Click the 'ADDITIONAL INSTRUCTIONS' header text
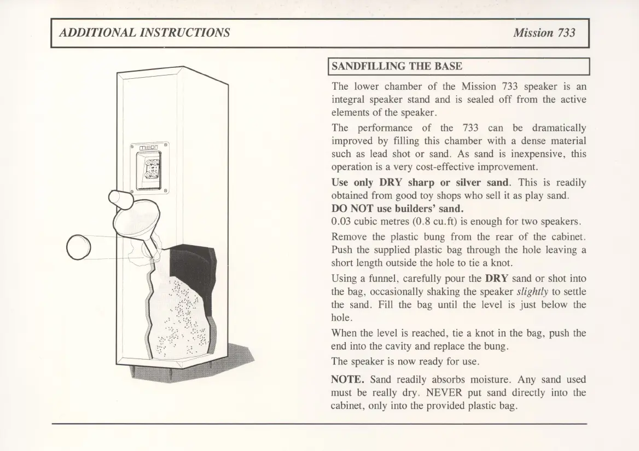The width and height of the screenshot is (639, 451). tap(144, 32)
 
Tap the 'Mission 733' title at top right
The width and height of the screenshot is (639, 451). tap(544, 32)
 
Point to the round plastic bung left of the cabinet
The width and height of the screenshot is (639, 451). tap(78, 247)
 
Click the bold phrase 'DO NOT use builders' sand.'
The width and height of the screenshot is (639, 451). tap(389, 209)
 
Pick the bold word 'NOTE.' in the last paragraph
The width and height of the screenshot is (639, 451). tap(348, 379)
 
